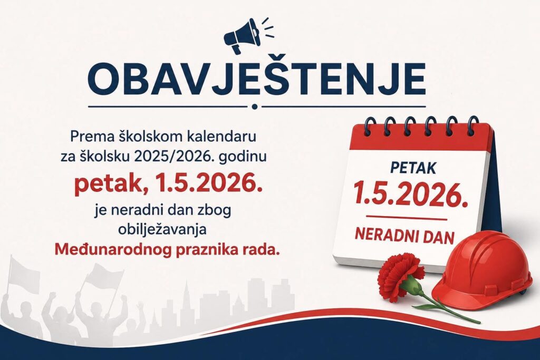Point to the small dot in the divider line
255,106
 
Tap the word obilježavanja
162,230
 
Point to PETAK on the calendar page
413,168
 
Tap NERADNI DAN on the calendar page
404,237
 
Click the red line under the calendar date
407,217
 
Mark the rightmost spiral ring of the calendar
473,124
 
